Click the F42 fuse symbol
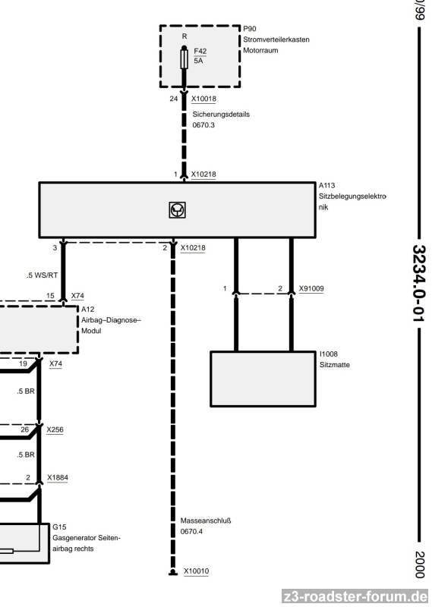click(x=184, y=58)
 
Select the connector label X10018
click(x=203, y=99)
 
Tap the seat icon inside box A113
click(x=178, y=210)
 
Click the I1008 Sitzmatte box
click(x=263, y=379)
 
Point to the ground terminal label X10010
click(x=196, y=571)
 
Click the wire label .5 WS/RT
click(x=43, y=275)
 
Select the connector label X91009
click(x=311, y=288)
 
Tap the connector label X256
click(x=55, y=429)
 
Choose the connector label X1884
click(x=58, y=478)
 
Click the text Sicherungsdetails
click(x=221, y=115)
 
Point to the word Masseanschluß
click(x=205, y=521)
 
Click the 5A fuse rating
click(x=198, y=61)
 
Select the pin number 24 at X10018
click(x=174, y=99)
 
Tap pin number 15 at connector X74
click(x=50, y=296)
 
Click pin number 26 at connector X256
click(x=25, y=429)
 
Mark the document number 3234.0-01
click(x=419, y=283)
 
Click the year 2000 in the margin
click(x=420, y=565)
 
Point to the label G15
click(x=59, y=527)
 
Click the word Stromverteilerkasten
click(x=276, y=39)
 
